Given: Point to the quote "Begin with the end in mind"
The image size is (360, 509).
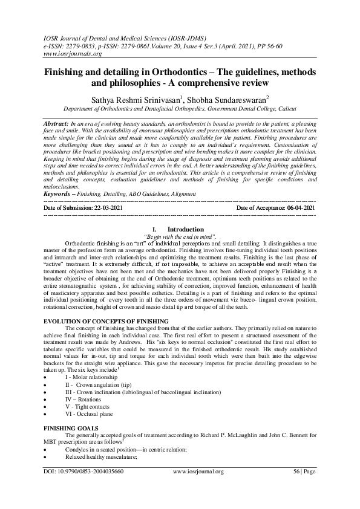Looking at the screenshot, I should (180, 236).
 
